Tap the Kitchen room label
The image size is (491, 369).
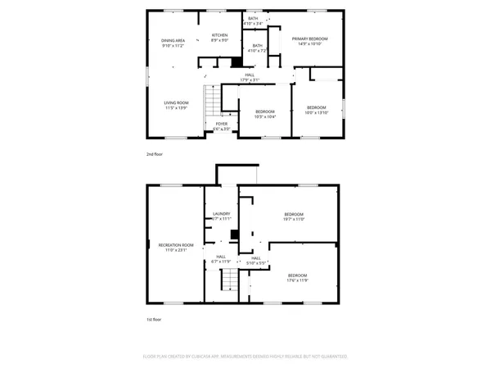pyautogui.click(x=219, y=37)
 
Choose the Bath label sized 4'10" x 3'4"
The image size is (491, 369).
pyautogui.click(x=253, y=20)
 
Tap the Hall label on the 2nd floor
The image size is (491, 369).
pyautogui.click(x=249, y=78)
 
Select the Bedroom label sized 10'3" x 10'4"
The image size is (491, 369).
pyautogui.click(x=264, y=114)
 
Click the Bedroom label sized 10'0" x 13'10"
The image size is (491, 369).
pyautogui.click(x=316, y=110)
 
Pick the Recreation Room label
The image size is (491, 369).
pyautogui.click(x=176, y=248)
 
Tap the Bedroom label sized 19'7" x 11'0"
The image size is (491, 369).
pyautogui.click(x=295, y=217)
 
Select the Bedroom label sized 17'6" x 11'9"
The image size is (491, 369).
pyautogui.click(x=297, y=278)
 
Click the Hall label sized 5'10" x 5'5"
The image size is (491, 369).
pyautogui.click(x=255, y=261)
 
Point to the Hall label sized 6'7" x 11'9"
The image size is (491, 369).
pyautogui.click(x=221, y=260)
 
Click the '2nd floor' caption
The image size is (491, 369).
pyautogui.click(x=155, y=153)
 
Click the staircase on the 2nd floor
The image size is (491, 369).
pyautogui.click(x=213, y=102)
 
